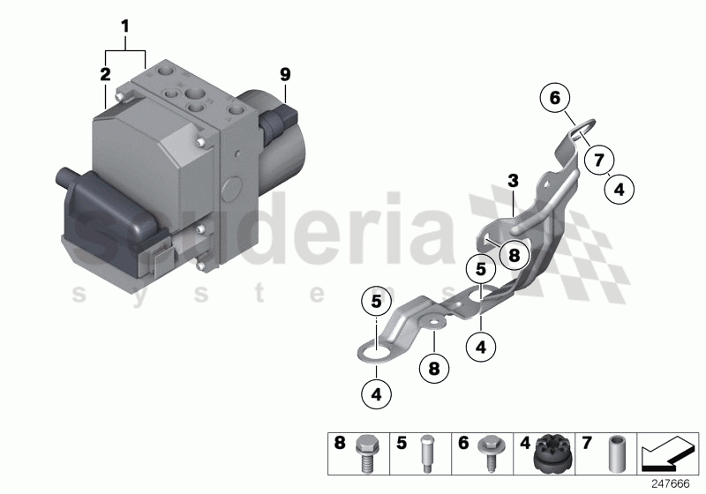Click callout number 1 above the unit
click(125, 27)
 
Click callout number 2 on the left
click(105, 74)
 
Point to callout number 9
click(285, 74)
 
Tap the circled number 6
click(556, 99)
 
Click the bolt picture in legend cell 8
click(364, 451)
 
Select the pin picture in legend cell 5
click(426, 451)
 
